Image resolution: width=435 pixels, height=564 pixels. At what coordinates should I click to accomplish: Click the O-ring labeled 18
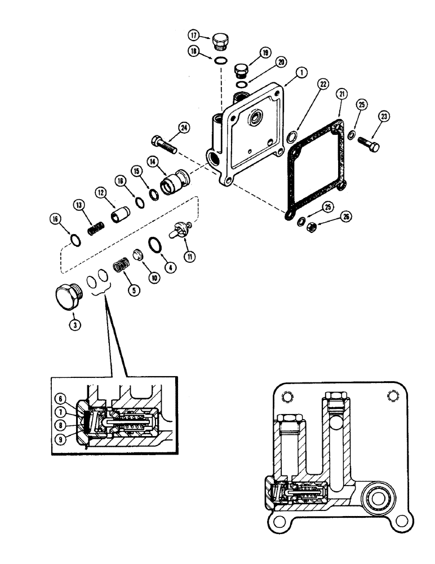point(221,61)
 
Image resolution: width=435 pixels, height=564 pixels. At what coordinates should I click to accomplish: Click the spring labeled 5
point(121,263)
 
